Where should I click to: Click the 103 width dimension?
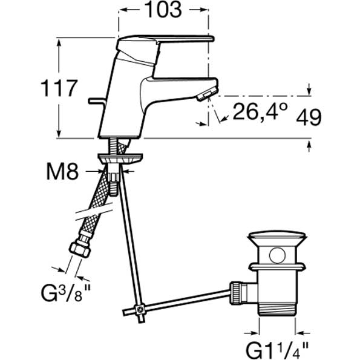(x=163, y=10)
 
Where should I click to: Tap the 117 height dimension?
(x=59, y=88)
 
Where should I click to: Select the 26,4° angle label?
(x=260, y=111)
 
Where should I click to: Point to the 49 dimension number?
(x=309, y=117)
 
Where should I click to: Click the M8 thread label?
(x=62, y=171)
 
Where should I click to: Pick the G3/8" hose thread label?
(x=66, y=293)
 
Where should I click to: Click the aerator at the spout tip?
(x=207, y=94)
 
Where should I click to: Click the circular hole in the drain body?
(x=277, y=255)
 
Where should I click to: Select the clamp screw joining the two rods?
(x=140, y=310)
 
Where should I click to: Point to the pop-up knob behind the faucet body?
(x=97, y=100)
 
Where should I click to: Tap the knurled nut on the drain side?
(x=235, y=293)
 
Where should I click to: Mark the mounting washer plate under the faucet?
(x=120, y=159)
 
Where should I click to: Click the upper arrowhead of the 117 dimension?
(x=59, y=43)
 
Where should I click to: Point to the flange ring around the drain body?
(x=277, y=267)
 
